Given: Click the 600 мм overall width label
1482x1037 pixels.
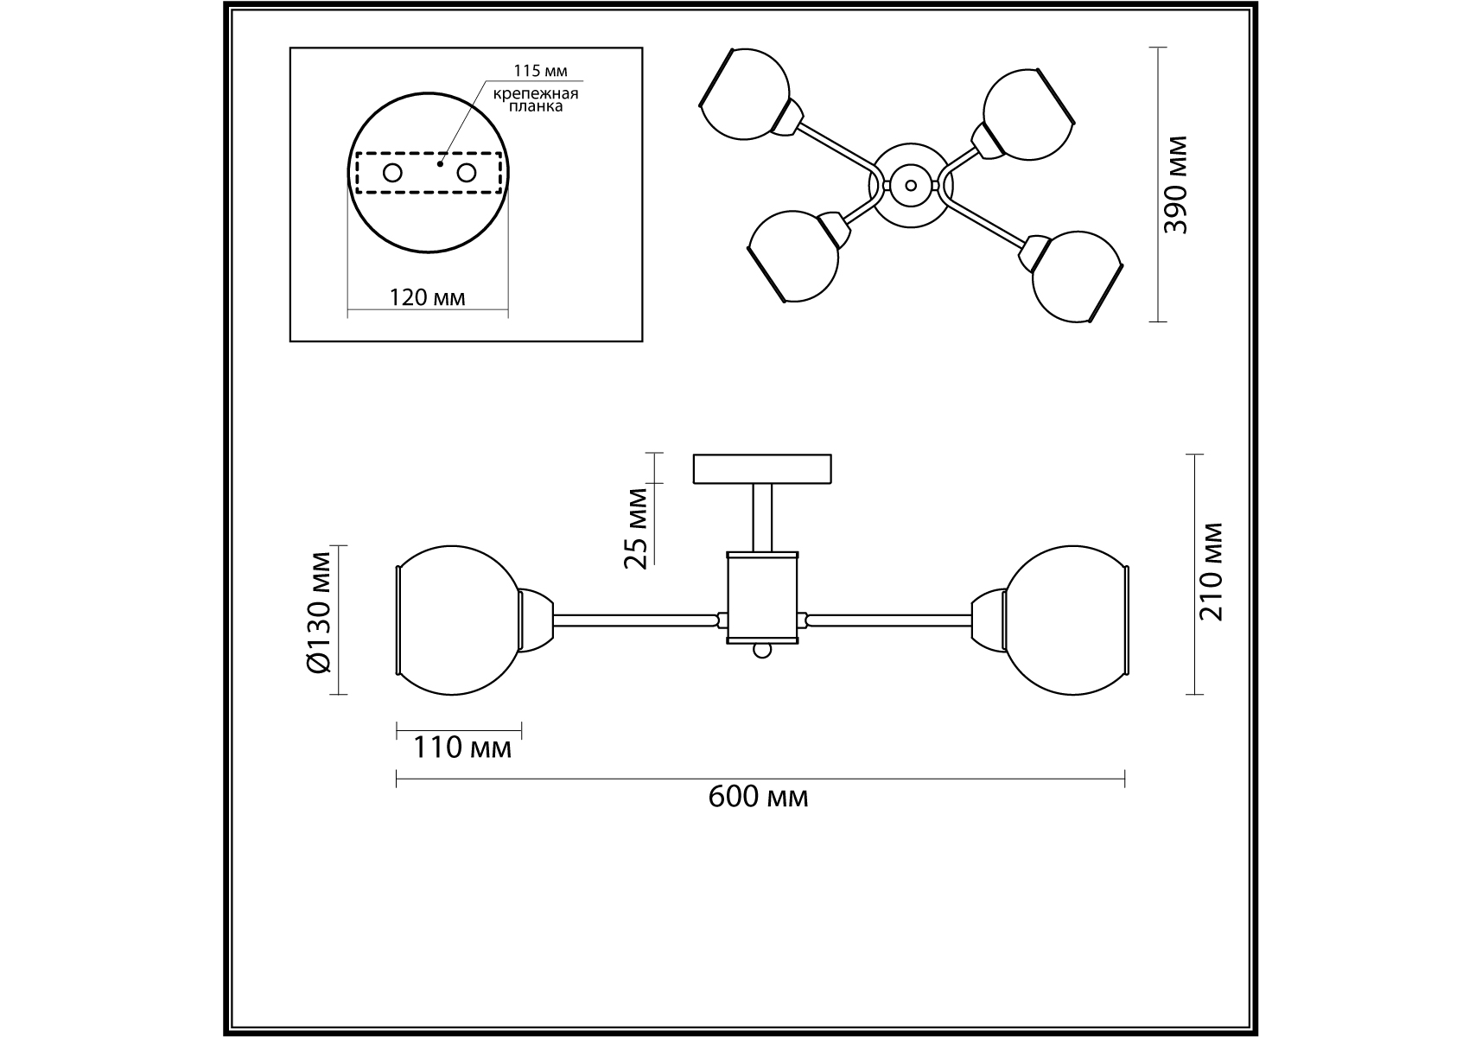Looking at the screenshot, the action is [x=758, y=797].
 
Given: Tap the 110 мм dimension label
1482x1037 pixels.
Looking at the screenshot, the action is [x=461, y=747].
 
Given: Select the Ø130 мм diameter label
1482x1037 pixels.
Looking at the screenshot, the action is [x=318, y=622].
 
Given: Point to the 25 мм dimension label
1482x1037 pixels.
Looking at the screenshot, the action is [x=637, y=528].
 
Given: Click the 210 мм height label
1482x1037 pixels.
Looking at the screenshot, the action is [x=1212, y=572].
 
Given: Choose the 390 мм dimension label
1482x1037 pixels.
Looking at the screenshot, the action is [x=1176, y=186].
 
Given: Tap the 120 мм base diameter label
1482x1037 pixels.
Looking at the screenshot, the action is [x=428, y=298].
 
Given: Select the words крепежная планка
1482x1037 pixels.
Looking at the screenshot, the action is [x=535, y=100].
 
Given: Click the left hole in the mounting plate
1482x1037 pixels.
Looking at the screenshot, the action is [x=392, y=173].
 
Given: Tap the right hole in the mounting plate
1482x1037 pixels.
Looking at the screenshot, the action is [x=467, y=173].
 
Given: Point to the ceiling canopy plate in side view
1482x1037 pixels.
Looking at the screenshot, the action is [x=762, y=468].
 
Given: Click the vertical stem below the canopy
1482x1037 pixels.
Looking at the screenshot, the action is [x=762, y=518].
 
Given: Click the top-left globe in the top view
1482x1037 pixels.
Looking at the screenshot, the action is [x=745, y=92].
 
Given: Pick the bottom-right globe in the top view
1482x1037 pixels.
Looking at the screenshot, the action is [x=1076, y=277].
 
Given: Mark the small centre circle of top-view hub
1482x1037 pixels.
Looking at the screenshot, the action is [x=909, y=184].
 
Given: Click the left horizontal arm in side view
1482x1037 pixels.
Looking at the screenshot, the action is [x=636, y=620].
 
